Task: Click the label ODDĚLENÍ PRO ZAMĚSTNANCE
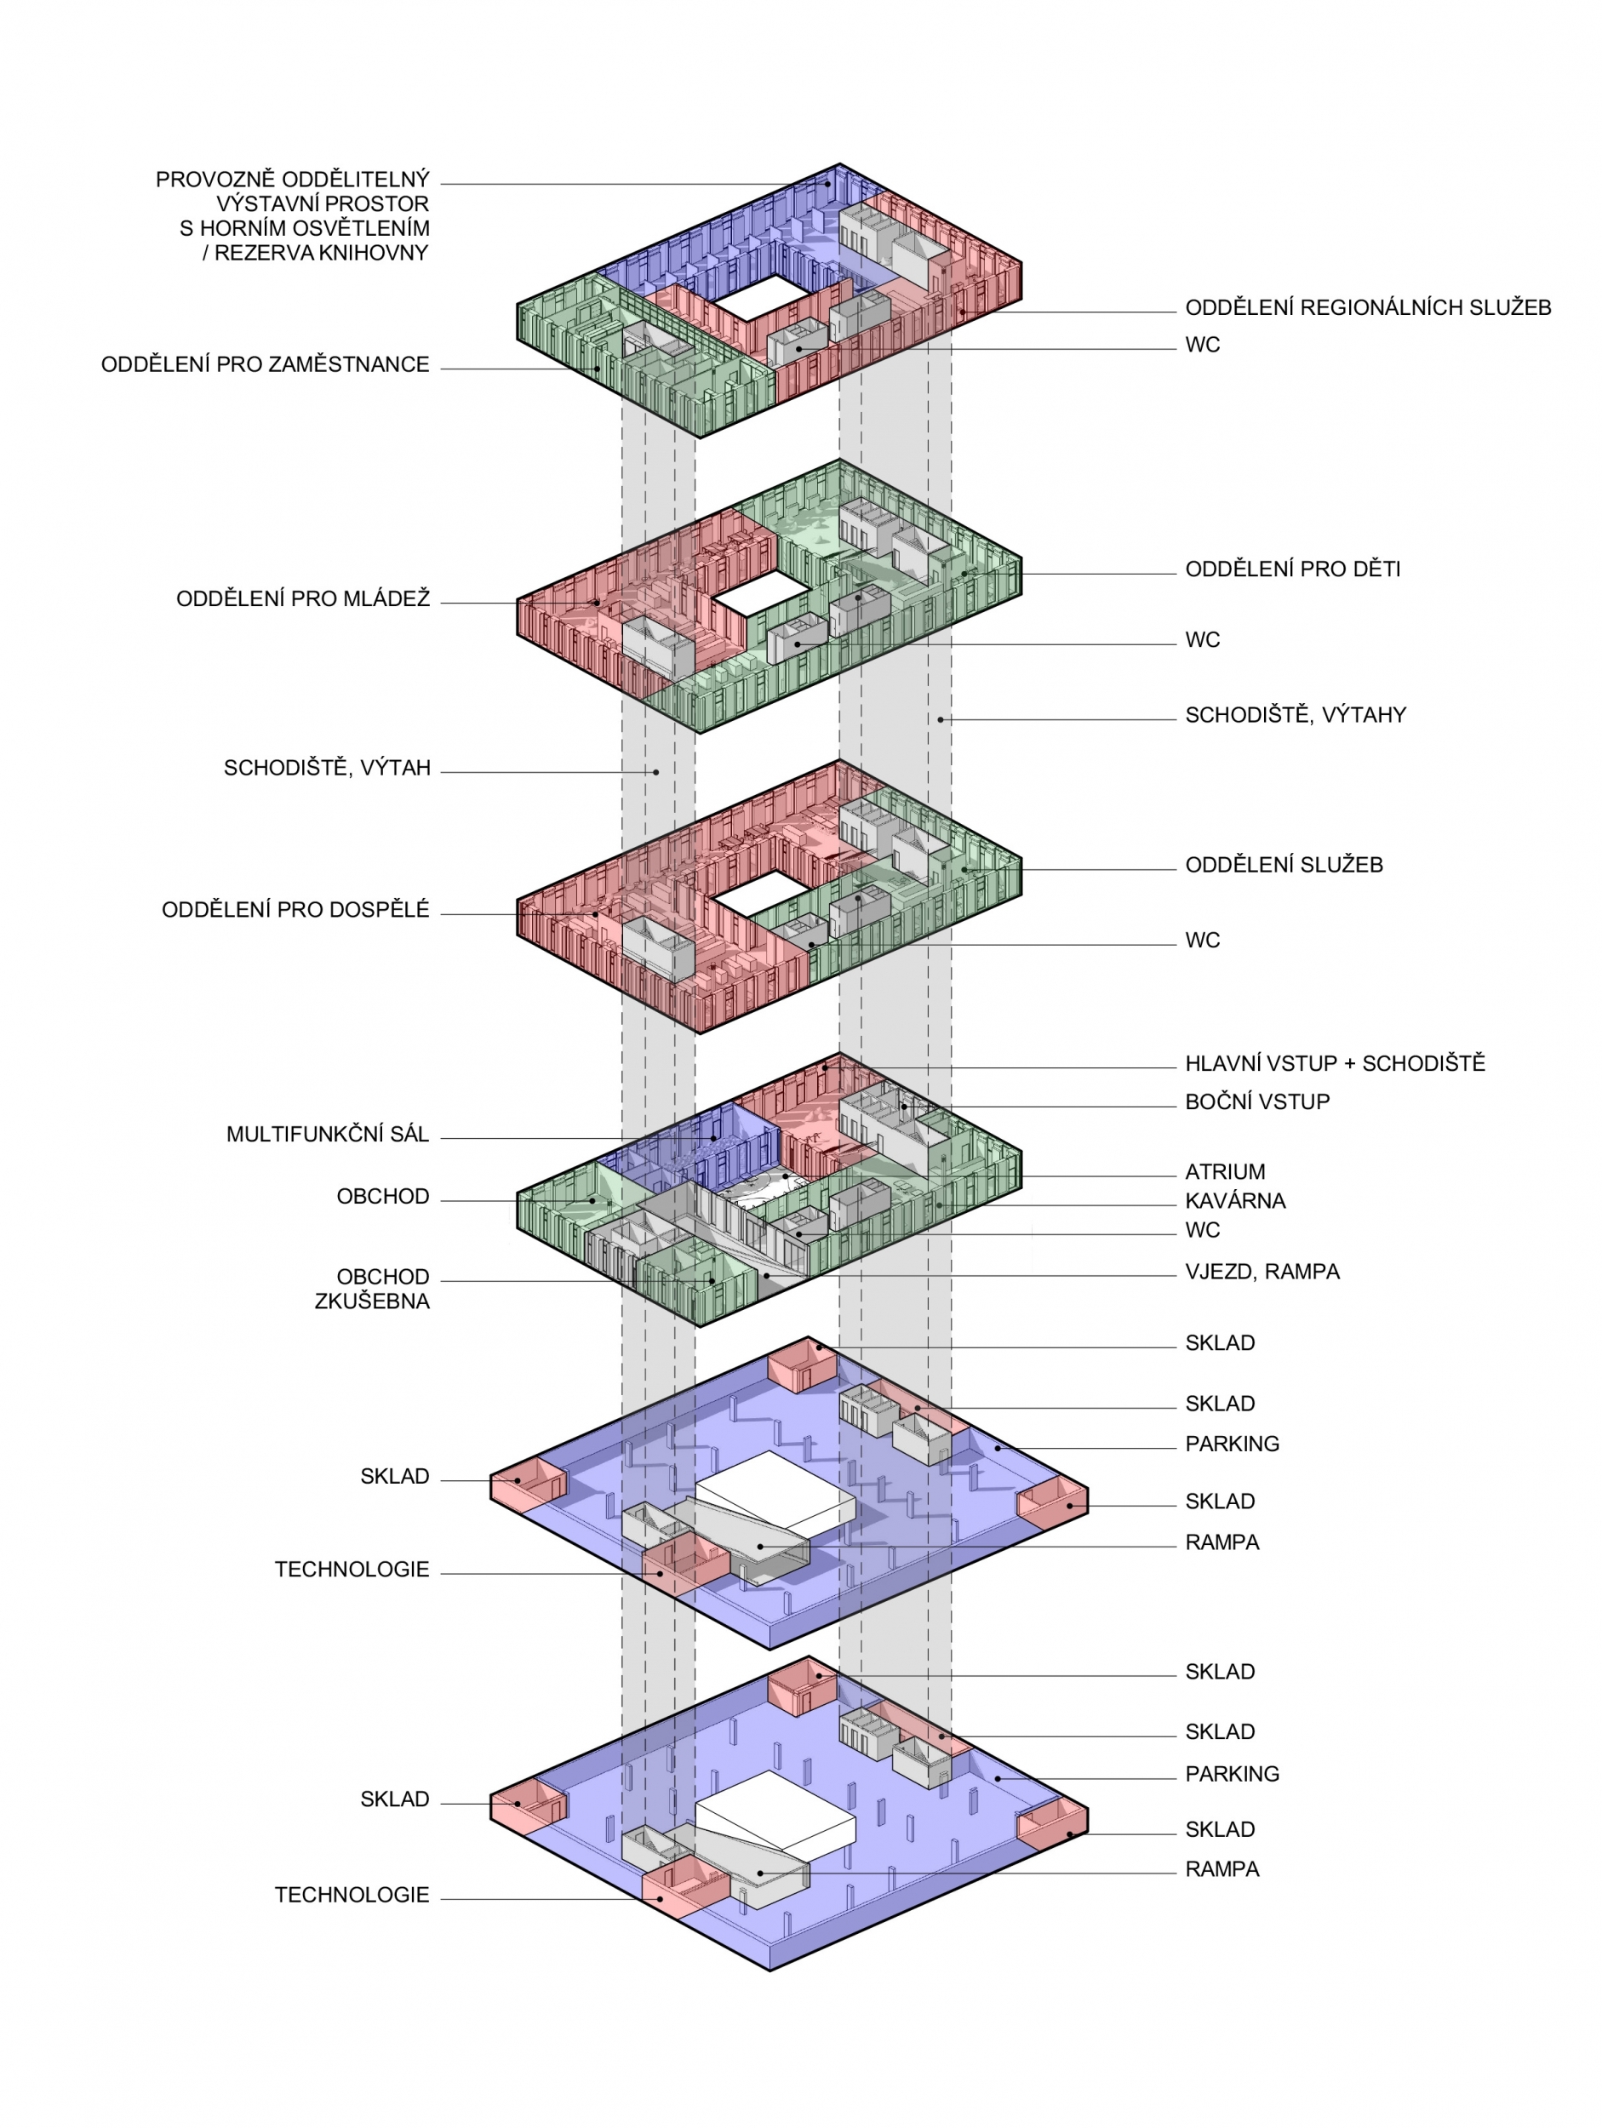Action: pos(265,364)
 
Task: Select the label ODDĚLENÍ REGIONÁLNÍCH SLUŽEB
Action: pos(1367,308)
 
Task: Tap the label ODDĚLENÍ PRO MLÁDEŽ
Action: pos(302,598)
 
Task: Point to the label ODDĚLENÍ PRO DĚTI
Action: pos(1292,569)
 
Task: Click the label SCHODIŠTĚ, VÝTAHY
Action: pos(1295,715)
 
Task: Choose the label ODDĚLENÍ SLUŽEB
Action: pos(1284,865)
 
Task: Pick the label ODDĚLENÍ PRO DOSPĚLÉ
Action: pos(295,910)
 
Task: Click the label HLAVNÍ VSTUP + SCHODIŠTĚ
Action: pos(1335,1063)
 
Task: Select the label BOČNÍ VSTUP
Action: pos(1256,1101)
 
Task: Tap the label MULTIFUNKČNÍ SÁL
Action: pos(327,1135)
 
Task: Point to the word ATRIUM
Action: pos(1225,1172)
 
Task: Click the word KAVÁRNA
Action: pos(1235,1200)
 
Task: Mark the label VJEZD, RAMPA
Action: pos(1262,1272)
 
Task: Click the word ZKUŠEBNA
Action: pos(371,1301)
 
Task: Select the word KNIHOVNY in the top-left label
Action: pos(369,253)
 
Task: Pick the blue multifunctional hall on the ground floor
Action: pos(693,1150)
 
